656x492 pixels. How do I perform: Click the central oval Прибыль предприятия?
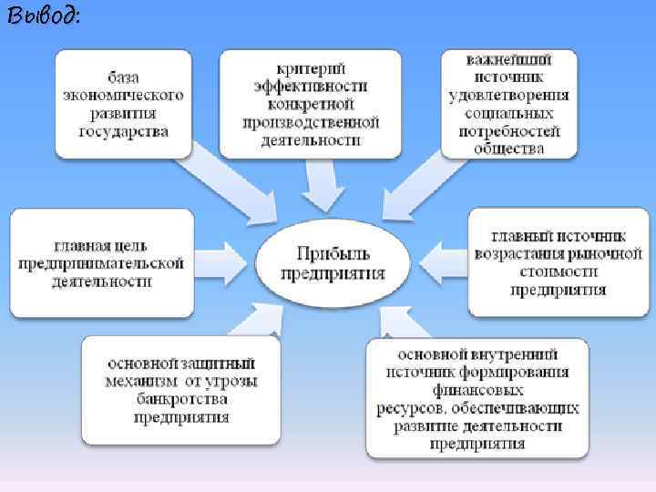coord(333,262)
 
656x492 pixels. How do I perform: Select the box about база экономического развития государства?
coord(124,104)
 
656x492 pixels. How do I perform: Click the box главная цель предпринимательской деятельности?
coord(102,263)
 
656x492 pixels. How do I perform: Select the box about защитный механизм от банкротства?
coord(180,390)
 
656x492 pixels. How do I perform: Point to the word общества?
coord(509,148)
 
